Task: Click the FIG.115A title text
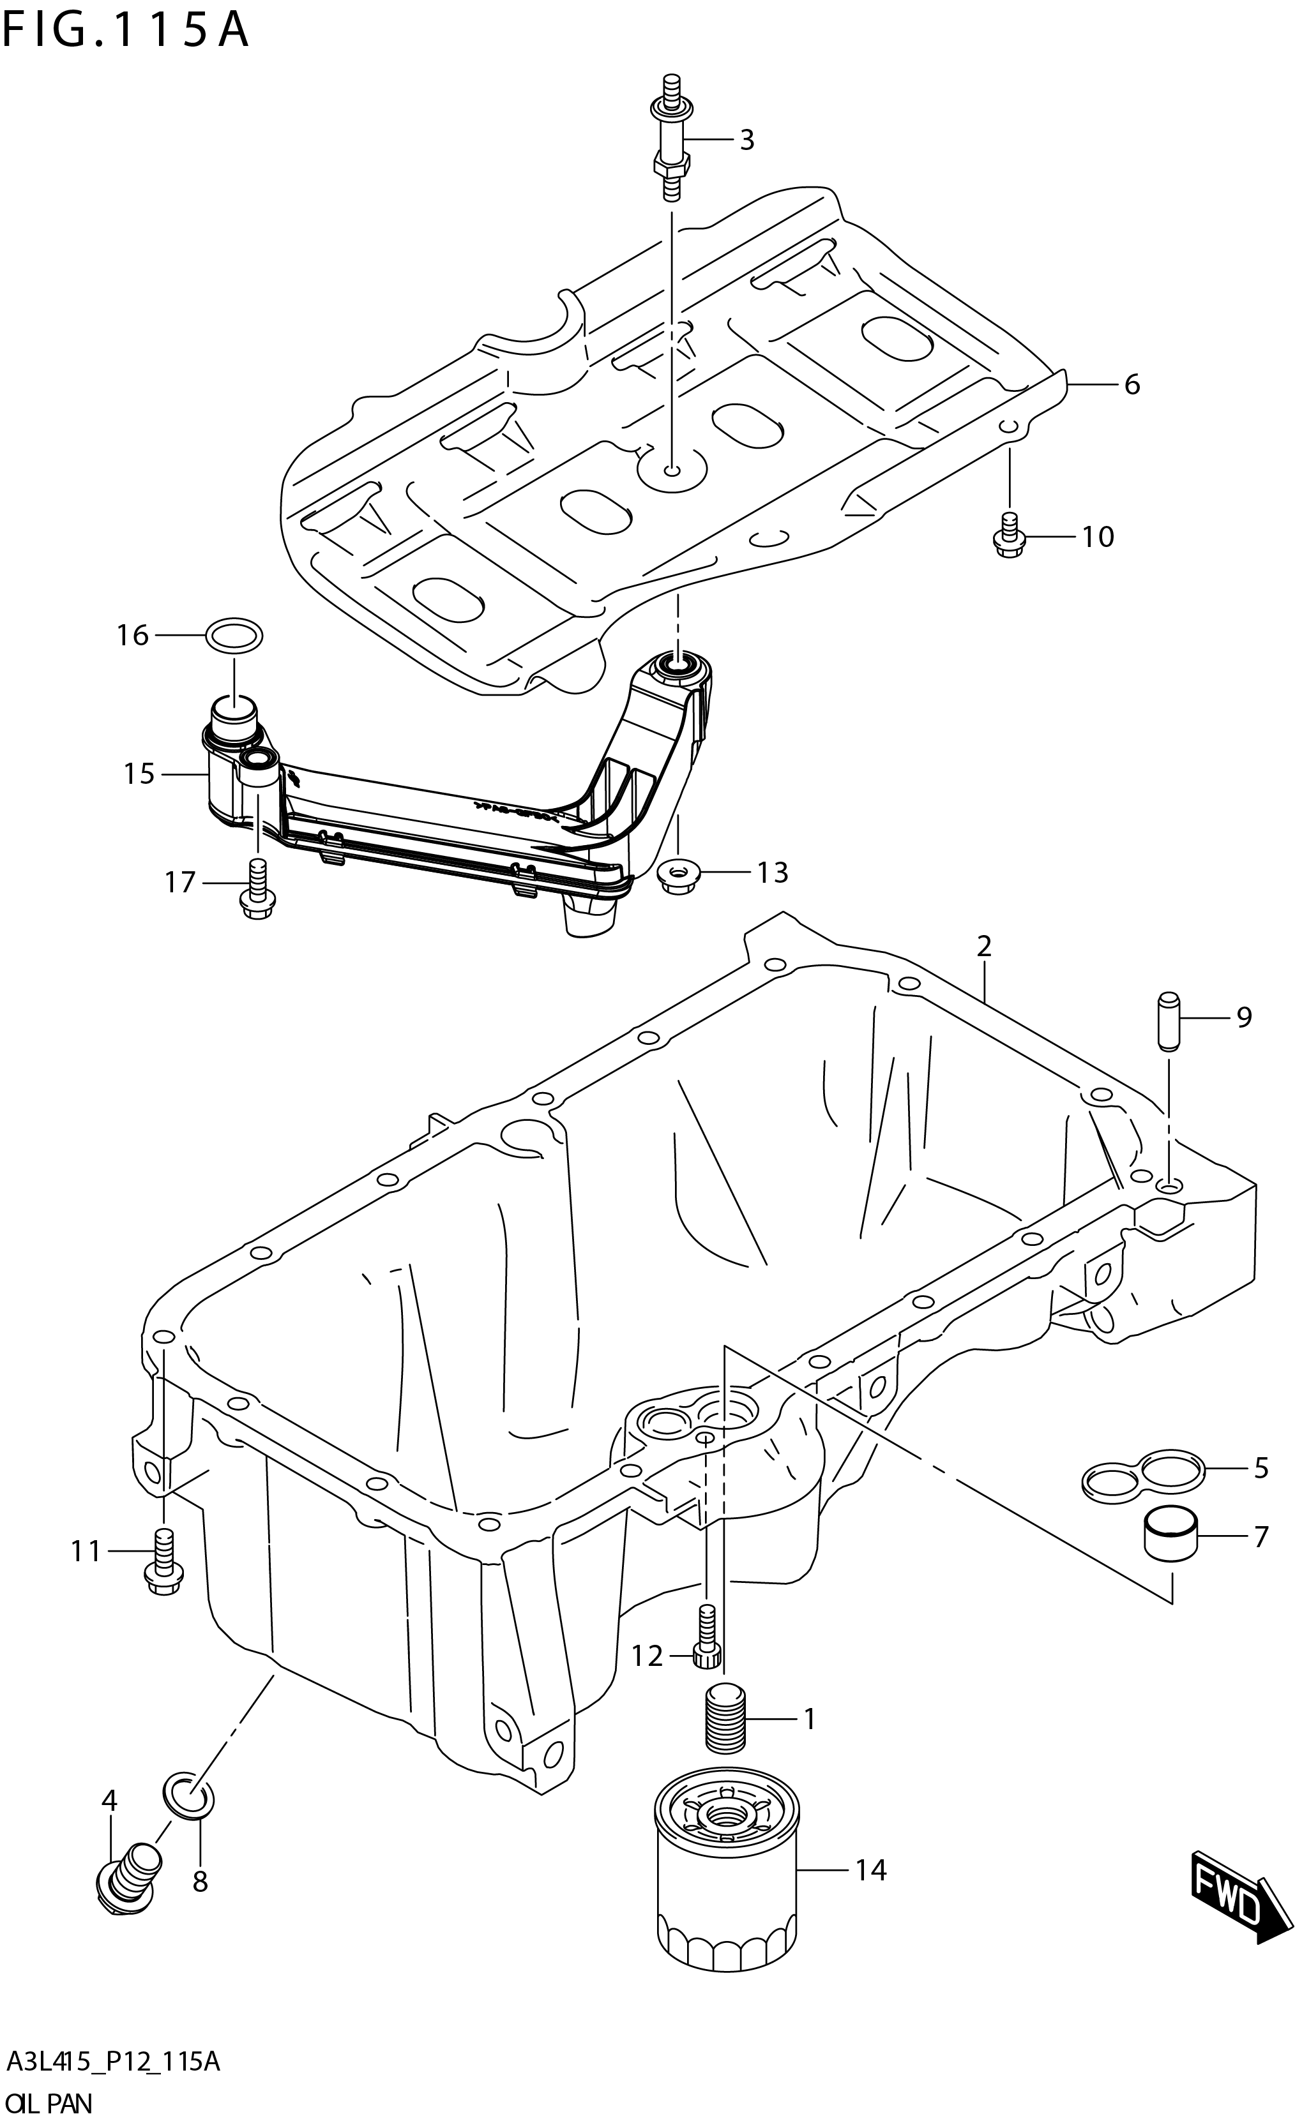tap(126, 32)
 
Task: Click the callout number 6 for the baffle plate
tap(1132, 385)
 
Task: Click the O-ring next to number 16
tap(234, 636)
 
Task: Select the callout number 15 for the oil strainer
tap(138, 774)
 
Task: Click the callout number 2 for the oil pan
tap(984, 947)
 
